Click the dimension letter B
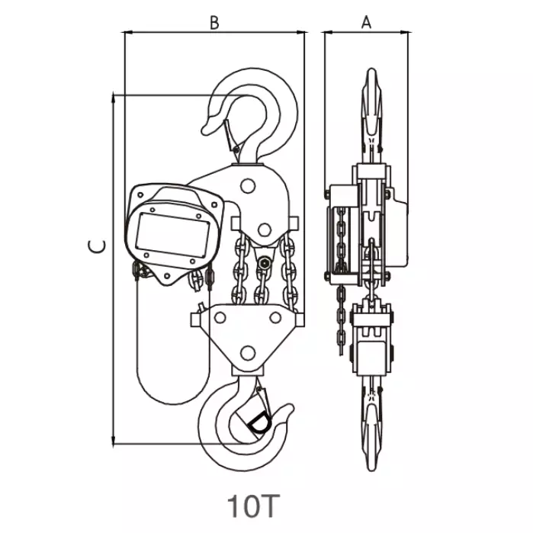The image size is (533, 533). click(214, 23)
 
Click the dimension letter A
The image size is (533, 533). click(366, 23)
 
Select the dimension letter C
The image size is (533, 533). click(97, 246)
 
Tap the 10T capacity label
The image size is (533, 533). click(253, 506)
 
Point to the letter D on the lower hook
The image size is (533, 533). click(260, 423)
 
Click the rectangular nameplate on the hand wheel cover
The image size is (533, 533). click(172, 235)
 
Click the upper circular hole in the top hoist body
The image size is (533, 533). click(248, 186)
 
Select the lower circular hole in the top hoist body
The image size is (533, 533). click(265, 230)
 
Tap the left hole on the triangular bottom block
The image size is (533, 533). click(220, 318)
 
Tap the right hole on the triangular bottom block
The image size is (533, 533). click(275, 318)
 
